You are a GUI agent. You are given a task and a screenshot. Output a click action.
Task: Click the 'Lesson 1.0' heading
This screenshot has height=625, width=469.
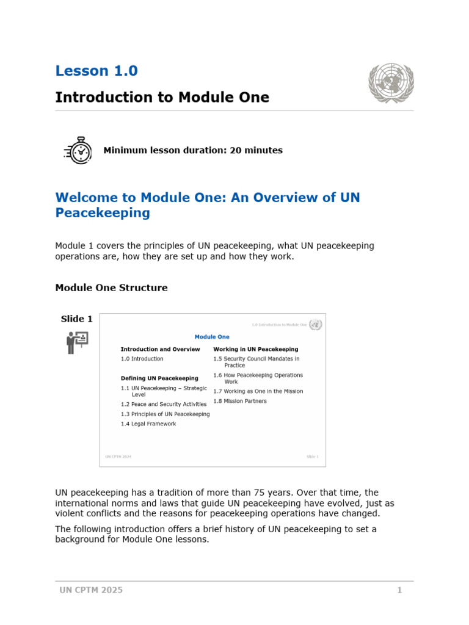pos(96,71)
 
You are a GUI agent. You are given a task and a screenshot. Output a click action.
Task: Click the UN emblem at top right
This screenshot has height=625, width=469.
pos(391,83)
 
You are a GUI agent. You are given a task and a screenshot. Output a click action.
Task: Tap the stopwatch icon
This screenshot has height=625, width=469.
pos(79,150)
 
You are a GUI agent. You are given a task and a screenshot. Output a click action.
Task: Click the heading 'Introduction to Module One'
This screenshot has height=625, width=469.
pos(162,98)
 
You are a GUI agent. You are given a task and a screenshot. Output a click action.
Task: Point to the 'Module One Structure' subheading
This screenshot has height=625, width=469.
pos(111,287)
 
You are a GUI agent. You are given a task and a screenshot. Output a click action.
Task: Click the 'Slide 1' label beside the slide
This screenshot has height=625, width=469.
pos(77,319)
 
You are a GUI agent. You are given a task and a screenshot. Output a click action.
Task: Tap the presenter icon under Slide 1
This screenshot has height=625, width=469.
pos(77,342)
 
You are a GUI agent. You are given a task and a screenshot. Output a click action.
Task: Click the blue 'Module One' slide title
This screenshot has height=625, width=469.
pos(212,337)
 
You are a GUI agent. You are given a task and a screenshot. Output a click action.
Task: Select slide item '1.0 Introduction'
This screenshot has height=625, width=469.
pos(142,359)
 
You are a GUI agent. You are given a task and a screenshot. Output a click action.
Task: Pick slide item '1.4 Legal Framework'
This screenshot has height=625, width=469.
pos(148,424)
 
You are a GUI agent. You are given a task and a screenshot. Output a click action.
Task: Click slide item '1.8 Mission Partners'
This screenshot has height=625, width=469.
pos(240,401)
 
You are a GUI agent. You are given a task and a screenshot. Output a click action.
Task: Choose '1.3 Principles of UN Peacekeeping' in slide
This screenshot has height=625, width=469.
pos(165,414)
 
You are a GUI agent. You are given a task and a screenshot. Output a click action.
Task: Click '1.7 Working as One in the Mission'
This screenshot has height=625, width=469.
pos(258,391)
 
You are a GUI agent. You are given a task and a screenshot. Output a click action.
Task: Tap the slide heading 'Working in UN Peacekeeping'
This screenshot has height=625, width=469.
pos(255,349)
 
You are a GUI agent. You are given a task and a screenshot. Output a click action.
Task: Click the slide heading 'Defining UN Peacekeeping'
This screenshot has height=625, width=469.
pos(159,378)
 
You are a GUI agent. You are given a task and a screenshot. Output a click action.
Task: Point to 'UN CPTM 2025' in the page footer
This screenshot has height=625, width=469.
pos(91,590)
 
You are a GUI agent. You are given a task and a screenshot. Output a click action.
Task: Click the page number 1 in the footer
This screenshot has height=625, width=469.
pos(399,590)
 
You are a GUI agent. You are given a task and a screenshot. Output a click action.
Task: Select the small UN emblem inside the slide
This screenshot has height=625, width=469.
pos(315,325)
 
